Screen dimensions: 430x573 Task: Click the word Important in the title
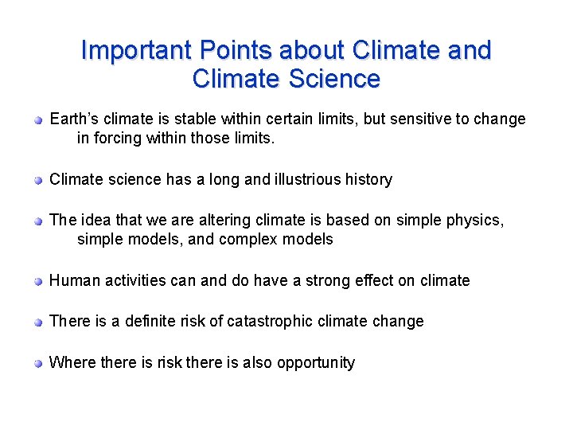coord(136,50)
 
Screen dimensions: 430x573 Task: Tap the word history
coord(368,179)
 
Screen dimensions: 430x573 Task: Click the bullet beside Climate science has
coord(37,180)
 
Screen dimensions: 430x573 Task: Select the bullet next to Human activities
coord(37,281)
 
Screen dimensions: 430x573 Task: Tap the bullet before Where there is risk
coord(37,363)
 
